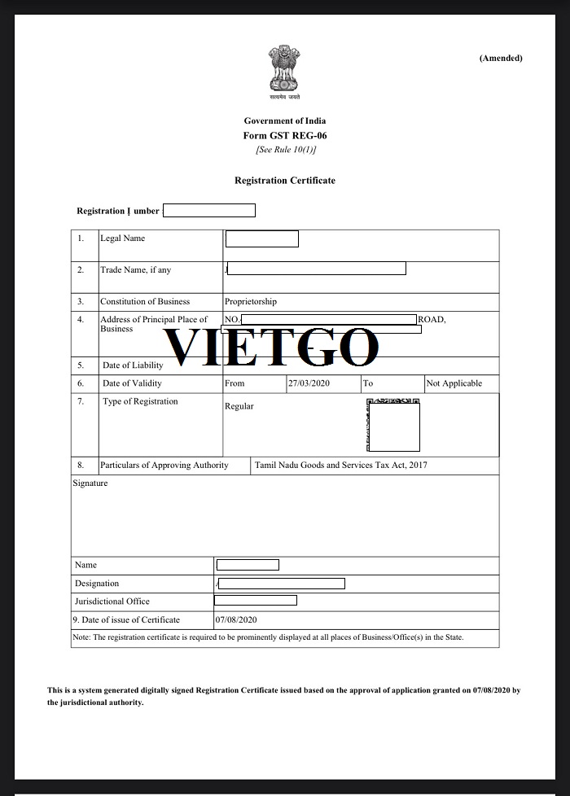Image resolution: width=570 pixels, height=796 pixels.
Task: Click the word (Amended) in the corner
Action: [x=501, y=58]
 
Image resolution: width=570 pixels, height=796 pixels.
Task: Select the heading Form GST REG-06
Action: [x=285, y=135]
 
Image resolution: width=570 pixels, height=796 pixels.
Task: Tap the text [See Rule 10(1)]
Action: [x=285, y=150]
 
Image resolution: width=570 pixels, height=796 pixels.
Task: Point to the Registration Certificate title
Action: [x=285, y=181]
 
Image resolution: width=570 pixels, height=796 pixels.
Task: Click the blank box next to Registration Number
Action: [x=210, y=211]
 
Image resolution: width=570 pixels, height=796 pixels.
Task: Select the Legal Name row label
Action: [x=122, y=238]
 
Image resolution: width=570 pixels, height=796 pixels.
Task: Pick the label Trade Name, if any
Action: [x=135, y=270]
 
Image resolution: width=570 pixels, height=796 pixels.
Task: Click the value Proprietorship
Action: [x=251, y=301]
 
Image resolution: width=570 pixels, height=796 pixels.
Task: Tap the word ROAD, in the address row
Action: [x=432, y=320]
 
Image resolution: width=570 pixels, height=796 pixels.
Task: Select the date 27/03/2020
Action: [x=309, y=383]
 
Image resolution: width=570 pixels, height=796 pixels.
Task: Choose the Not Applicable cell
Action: [x=454, y=383]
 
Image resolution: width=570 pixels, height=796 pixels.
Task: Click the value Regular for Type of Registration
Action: [x=239, y=406]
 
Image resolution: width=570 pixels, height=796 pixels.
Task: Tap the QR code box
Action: [x=394, y=426]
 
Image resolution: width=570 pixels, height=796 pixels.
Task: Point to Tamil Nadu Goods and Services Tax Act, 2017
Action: [x=340, y=466]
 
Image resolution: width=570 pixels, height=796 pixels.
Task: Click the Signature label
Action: [x=90, y=483]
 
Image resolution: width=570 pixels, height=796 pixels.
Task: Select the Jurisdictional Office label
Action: [x=112, y=601]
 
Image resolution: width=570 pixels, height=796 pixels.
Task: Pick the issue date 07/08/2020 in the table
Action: [x=236, y=620]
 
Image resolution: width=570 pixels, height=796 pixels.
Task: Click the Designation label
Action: [x=97, y=584]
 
